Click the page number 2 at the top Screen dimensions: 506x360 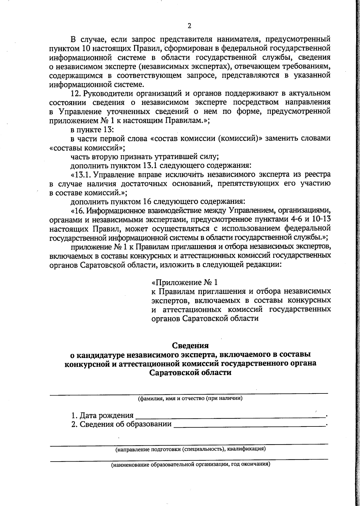pyautogui.click(x=189, y=26)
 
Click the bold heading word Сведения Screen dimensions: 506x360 pyautogui.click(x=190, y=345)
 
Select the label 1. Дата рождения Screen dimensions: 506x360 pyautogui.click(x=102, y=415)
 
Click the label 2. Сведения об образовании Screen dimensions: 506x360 pyautogui.click(x=121, y=424)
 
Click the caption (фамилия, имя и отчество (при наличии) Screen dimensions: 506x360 pyautogui.click(x=190, y=398)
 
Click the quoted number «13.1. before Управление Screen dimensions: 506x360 pyautogui.click(x=81, y=174)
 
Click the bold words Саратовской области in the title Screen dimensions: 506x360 pyautogui.click(x=190, y=372)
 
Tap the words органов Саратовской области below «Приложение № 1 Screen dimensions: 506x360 pyautogui.click(x=204, y=318)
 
